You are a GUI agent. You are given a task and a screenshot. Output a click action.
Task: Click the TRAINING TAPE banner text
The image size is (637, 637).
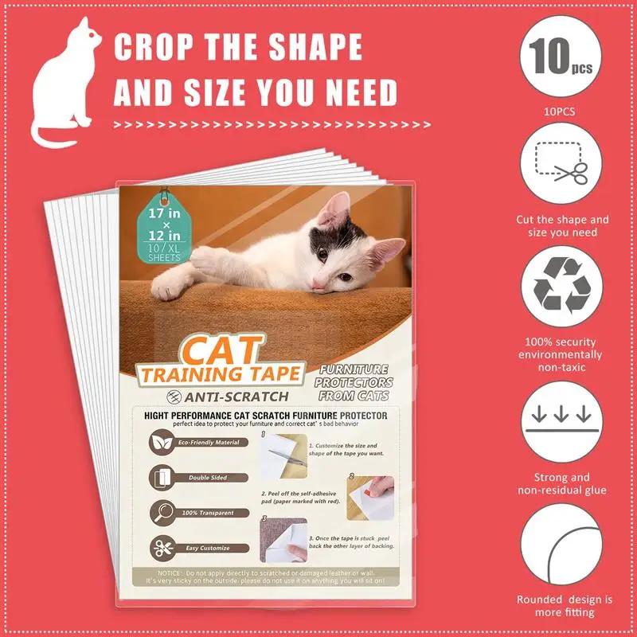(221, 373)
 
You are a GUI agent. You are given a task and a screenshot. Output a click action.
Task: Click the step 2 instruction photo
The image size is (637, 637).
(371, 495)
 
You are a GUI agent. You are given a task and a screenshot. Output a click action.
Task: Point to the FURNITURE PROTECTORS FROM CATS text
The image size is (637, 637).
(355, 383)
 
